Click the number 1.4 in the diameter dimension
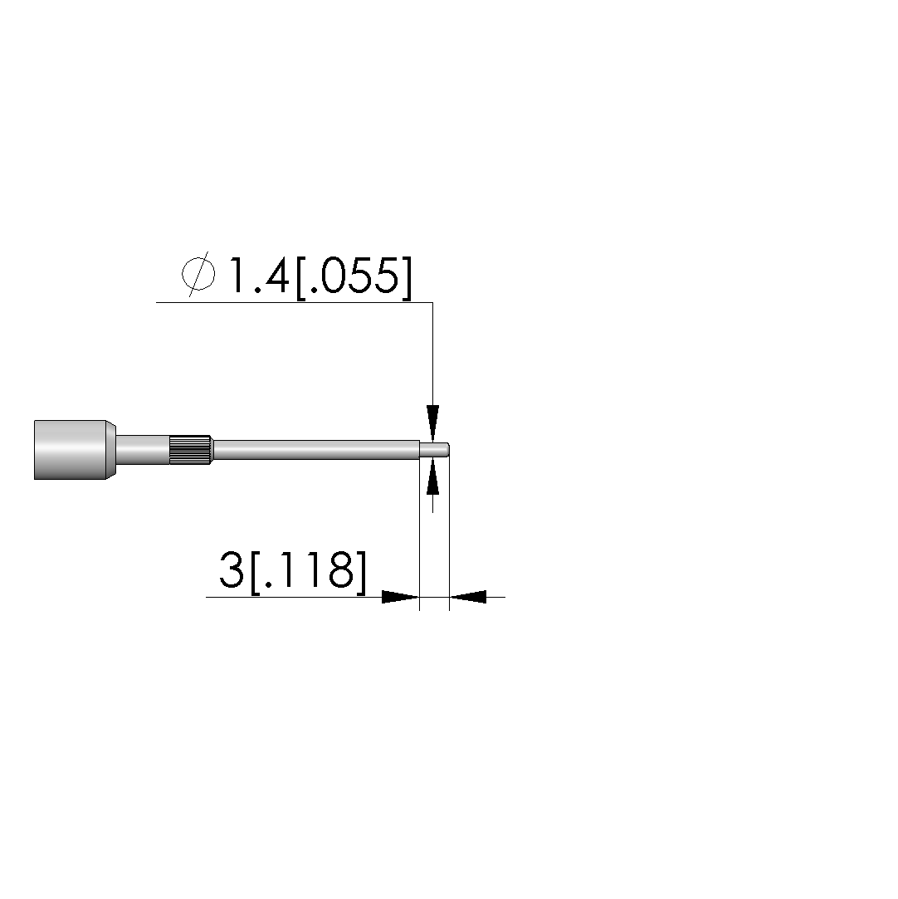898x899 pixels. [258, 275]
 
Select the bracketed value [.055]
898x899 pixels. [354, 277]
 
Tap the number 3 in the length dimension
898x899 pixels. [232, 569]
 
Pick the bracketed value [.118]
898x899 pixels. [308, 572]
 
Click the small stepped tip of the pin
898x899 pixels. [435, 449]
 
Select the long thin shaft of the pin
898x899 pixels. [315, 450]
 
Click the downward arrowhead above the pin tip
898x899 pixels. [432, 423]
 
